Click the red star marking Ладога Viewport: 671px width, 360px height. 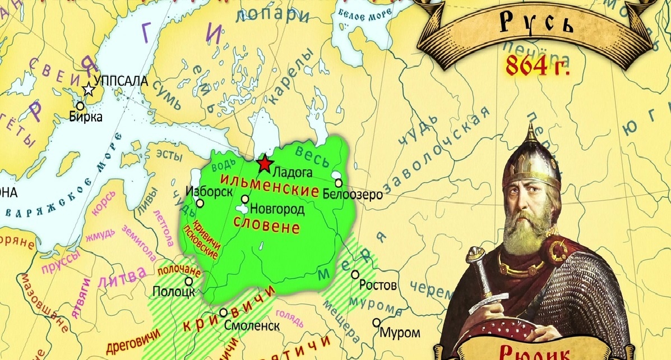pyautogui.click(x=263, y=164)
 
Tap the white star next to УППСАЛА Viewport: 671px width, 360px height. pyautogui.click(x=89, y=90)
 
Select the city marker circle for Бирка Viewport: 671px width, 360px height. pyautogui.click(x=80, y=105)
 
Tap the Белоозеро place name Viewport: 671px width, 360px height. pyautogui.click(x=353, y=195)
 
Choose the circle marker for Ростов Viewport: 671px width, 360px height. pyautogui.click(x=355, y=274)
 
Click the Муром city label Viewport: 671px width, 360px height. pyautogui.click(x=400, y=332)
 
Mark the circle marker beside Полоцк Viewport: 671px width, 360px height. pyautogui.click(x=189, y=281)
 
